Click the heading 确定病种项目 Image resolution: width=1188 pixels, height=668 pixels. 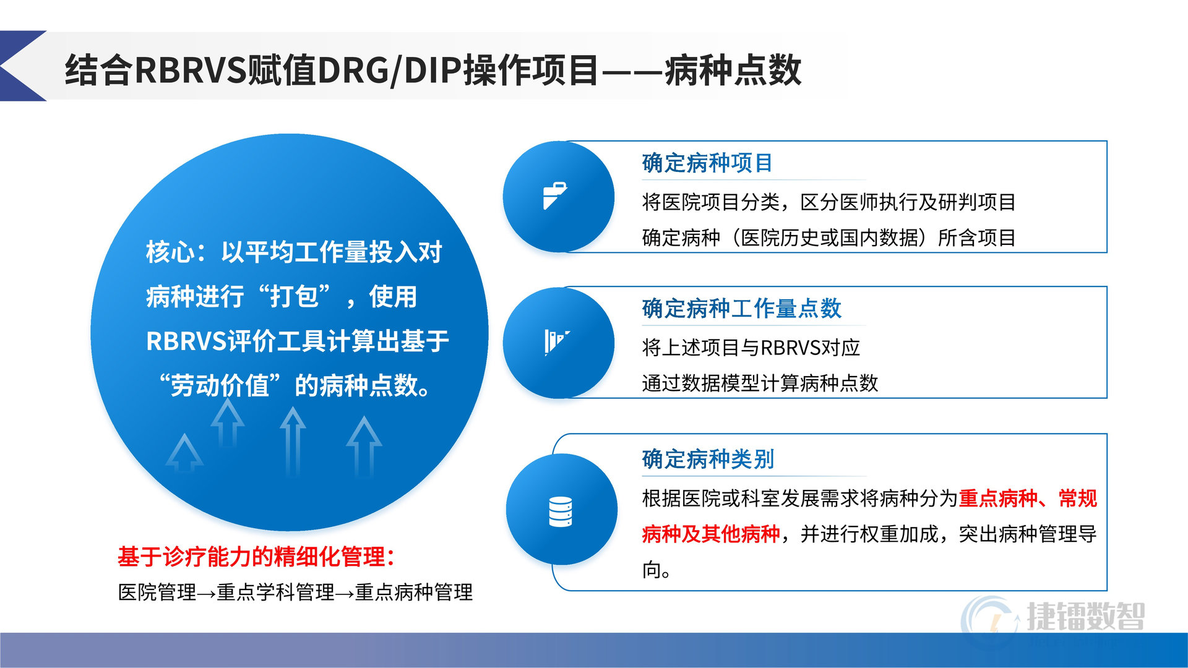(707, 163)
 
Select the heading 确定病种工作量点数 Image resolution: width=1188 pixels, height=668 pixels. (742, 309)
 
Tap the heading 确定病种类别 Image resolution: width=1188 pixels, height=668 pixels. (708, 460)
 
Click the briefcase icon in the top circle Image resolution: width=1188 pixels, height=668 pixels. (555, 196)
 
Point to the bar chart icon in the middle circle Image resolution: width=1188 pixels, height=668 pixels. (557, 342)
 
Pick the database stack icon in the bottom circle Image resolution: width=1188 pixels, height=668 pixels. (561, 512)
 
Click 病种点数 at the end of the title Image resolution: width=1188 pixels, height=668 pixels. (733, 70)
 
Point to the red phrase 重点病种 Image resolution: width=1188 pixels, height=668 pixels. (998, 499)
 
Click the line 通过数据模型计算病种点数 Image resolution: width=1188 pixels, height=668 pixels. (760, 383)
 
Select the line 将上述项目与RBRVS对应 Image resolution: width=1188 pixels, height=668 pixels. (751, 348)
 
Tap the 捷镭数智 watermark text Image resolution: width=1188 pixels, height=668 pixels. (1086, 616)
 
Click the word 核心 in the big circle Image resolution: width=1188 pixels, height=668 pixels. (171, 252)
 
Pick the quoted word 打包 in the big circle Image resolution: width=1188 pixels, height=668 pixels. (295, 297)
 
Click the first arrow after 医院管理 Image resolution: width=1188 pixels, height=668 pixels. (207, 594)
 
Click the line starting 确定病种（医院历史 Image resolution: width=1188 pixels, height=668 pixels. (829, 238)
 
